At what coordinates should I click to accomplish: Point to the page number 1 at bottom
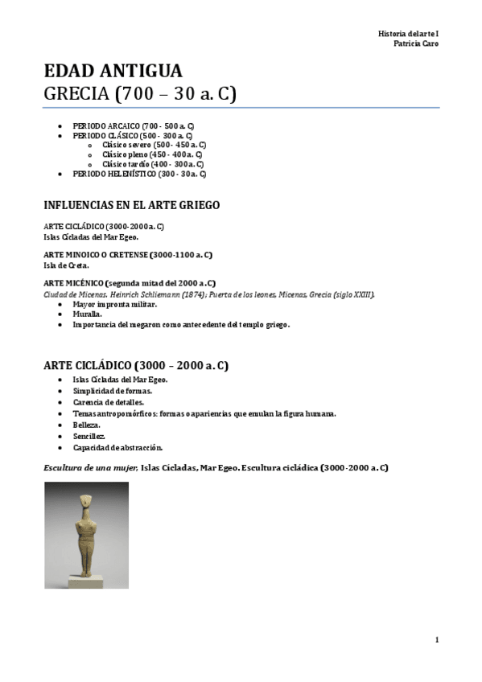click(x=436, y=639)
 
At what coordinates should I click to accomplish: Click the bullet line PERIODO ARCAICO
click(x=133, y=127)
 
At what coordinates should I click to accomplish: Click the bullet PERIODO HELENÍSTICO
click(x=138, y=174)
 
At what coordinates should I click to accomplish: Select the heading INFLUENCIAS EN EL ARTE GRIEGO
click(x=131, y=205)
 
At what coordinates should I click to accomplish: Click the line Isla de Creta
click(x=66, y=265)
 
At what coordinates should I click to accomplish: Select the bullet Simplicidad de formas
click(x=112, y=390)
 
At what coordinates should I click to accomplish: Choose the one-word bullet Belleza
click(x=86, y=424)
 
